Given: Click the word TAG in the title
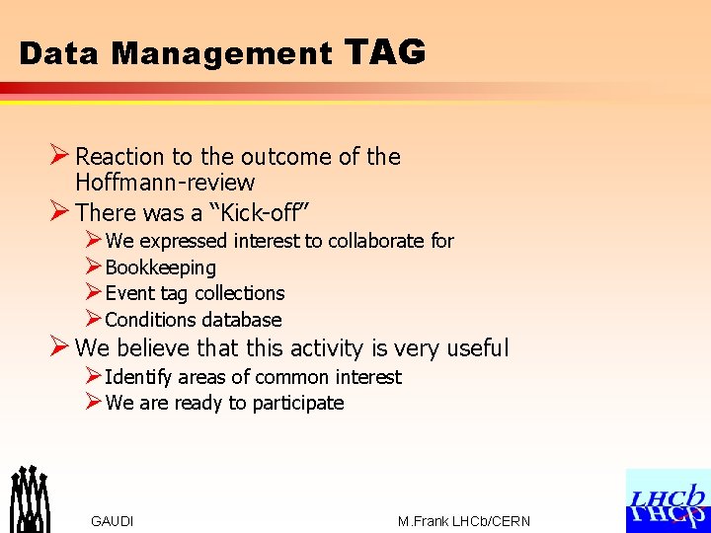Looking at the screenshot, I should coord(386,51).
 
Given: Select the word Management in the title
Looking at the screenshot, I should coord(222,53).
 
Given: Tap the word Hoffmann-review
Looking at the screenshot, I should coord(165,183).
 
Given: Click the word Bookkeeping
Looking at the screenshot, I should coord(160,267).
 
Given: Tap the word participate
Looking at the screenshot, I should coord(298,403).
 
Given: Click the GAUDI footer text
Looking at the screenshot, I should coord(112,521).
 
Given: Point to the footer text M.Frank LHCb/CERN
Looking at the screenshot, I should coord(464,521).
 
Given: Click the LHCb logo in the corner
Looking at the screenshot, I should coord(668,500).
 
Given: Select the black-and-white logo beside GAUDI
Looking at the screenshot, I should coord(30,498).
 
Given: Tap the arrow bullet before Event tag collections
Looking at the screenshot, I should coord(93,292).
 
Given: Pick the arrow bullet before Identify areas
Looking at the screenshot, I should coord(93,376).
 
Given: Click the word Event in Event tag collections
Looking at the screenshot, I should coord(129,293).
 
